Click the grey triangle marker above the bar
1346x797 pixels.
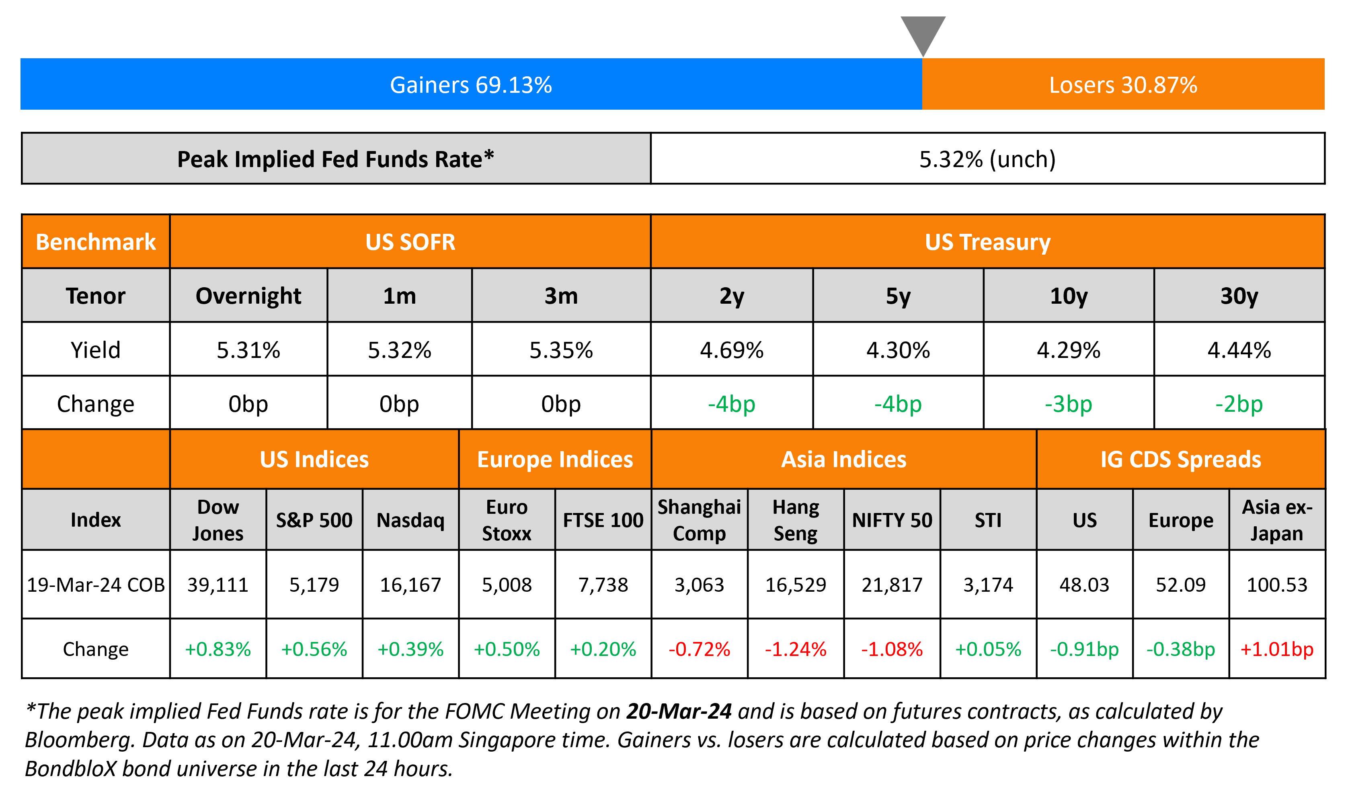click(923, 32)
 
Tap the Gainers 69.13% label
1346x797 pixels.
click(471, 85)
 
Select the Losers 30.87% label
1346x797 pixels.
click(1122, 85)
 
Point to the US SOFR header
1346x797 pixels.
click(410, 242)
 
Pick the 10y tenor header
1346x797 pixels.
click(1068, 296)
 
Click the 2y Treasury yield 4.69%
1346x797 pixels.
click(731, 350)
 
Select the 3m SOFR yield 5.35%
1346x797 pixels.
click(561, 350)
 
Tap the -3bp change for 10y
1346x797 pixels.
click(1068, 404)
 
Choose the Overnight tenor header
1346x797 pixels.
click(248, 296)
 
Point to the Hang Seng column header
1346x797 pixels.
click(795, 520)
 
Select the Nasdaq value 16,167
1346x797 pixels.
click(410, 584)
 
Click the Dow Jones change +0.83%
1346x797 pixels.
click(217, 649)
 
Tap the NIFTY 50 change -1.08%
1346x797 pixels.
click(892, 649)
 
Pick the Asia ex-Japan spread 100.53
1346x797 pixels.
click(1277, 584)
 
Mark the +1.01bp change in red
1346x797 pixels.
click(1277, 649)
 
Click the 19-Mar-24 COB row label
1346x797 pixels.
click(96, 584)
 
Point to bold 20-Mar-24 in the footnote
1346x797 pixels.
click(679, 711)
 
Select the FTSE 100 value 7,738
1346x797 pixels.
click(603, 584)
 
